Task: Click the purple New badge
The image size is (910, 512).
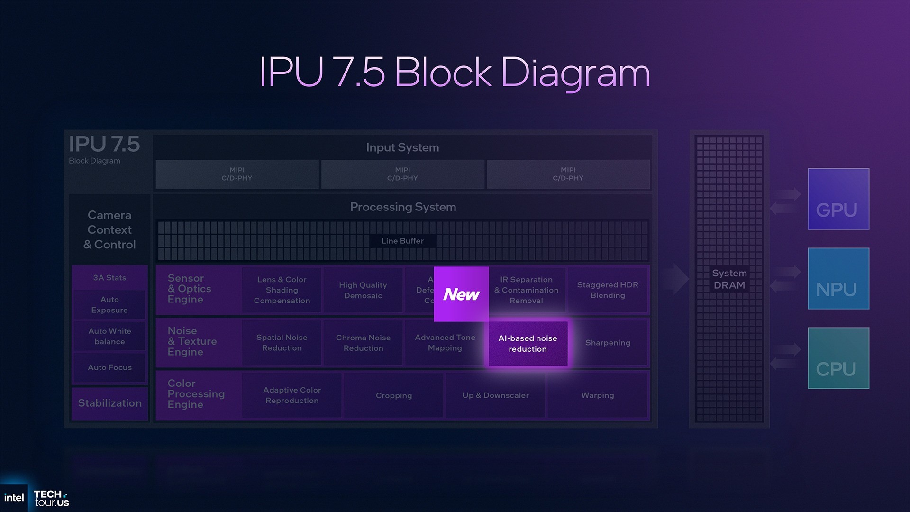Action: click(x=461, y=294)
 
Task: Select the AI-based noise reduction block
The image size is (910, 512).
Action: click(x=528, y=344)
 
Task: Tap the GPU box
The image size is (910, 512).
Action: click(x=838, y=199)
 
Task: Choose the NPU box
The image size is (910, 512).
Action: click(x=838, y=279)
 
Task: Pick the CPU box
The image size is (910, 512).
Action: click(x=838, y=358)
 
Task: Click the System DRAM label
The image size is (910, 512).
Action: click(x=729, y=279)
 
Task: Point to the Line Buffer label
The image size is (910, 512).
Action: click(x=402, y=241)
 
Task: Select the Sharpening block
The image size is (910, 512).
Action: click(x=608, y=343)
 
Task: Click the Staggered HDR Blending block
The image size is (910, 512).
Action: click(x=608, y=290)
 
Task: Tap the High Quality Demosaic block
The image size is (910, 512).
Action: click(x=363, y=290)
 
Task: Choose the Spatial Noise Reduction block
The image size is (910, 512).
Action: click(x=282, y=343)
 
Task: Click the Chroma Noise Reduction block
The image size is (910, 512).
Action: click(x=363, y=343)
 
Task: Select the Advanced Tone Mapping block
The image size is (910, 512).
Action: click(x=445, y=343)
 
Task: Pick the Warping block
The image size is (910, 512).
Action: click(x=597, y=395)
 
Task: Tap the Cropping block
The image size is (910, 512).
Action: click(x=393, y=395)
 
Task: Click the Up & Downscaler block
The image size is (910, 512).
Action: click(x=495, y=395)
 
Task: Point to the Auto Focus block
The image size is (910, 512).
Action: click(x=109, y=367)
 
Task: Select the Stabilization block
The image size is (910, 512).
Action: click(x=109, y=403)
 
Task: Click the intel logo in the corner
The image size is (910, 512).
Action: click(x=14, y=498)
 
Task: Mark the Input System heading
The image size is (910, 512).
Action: click(x=402, y=147)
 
